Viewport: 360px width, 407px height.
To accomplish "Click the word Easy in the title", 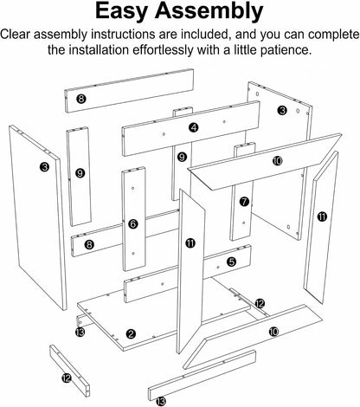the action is click(122, 11).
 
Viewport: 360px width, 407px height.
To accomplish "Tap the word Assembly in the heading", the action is click(209, 12).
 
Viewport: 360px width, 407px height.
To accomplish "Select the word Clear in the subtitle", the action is click(16, 34).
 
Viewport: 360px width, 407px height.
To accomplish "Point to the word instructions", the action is click(124, 35).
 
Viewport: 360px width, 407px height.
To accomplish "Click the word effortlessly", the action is click(163, 50).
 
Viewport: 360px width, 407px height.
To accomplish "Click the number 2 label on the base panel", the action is click(131, 334).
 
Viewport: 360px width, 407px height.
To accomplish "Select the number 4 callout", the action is click(194, 127).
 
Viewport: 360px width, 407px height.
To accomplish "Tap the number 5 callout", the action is click(231, 262).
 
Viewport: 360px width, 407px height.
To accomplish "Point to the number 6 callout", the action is click(132, 223).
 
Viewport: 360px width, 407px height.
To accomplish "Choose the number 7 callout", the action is click(244, 202).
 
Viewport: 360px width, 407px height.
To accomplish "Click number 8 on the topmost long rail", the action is click(81, 99).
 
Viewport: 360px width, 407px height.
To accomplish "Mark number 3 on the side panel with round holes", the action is click(282, 110).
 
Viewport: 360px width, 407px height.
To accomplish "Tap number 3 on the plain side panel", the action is click(44, 166).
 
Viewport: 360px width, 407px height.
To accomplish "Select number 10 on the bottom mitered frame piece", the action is click(273, 332).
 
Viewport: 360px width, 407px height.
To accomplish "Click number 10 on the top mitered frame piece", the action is click(277, 161).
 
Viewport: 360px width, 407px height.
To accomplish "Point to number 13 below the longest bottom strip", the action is click(161, 401).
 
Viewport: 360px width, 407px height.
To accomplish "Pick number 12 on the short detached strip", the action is click(67, 378).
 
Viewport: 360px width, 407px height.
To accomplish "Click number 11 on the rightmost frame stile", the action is click(322, 216).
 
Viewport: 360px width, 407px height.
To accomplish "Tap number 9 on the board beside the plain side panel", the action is click(80, 173).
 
